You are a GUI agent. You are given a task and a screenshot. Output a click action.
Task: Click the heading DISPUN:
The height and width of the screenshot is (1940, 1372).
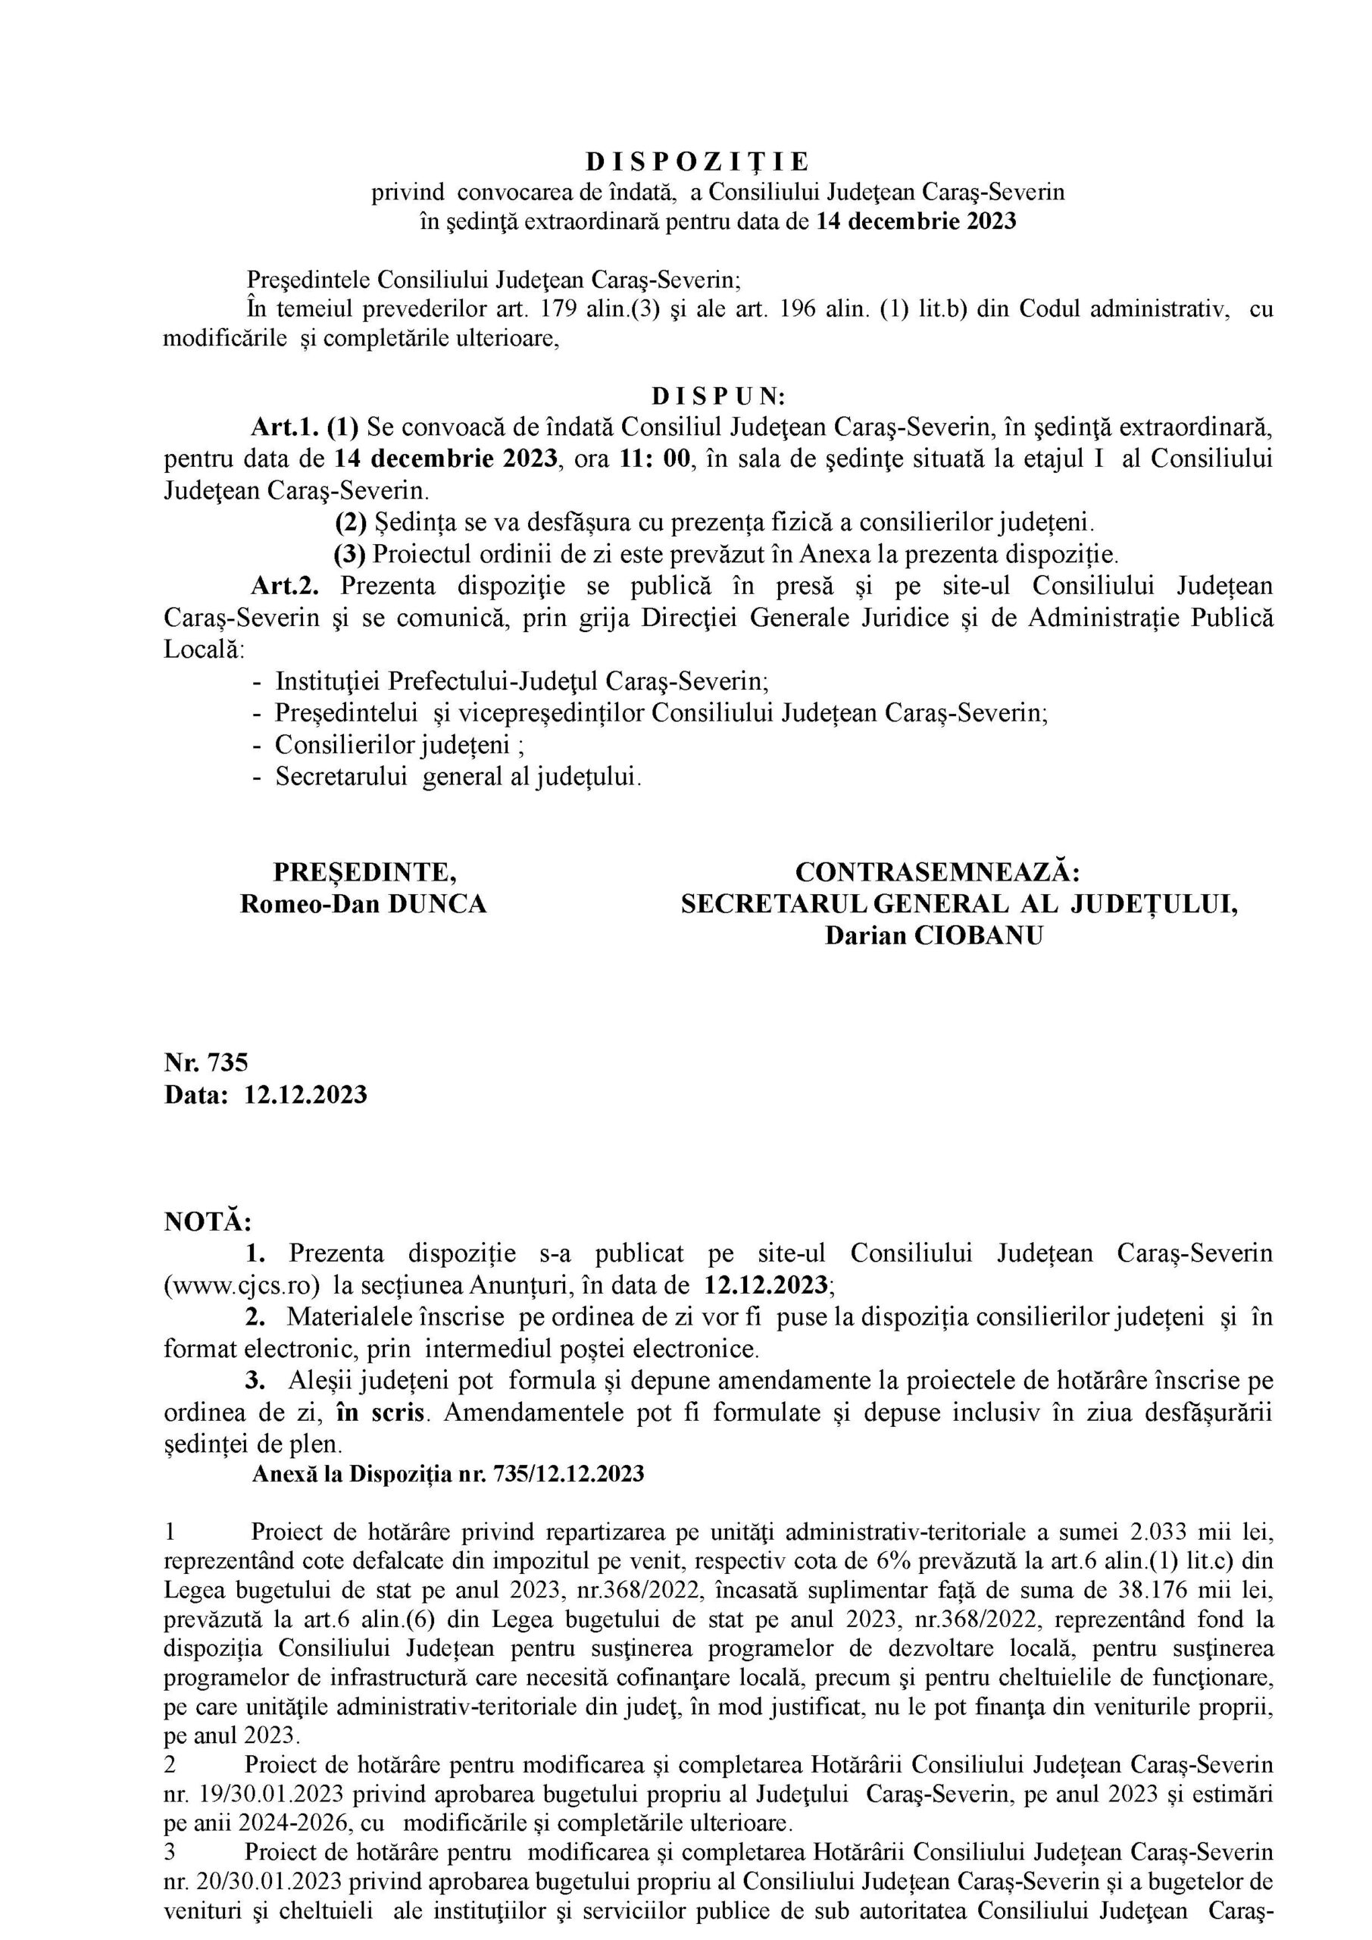click(718, 396)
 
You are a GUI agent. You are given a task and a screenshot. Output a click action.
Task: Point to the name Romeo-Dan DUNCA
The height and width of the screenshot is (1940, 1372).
click(364, 904)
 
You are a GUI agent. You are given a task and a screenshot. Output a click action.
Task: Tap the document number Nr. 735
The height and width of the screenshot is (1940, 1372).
click(206, 1062)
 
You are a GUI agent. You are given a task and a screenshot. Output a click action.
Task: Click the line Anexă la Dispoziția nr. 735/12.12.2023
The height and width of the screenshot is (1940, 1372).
click(448, 1475)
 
